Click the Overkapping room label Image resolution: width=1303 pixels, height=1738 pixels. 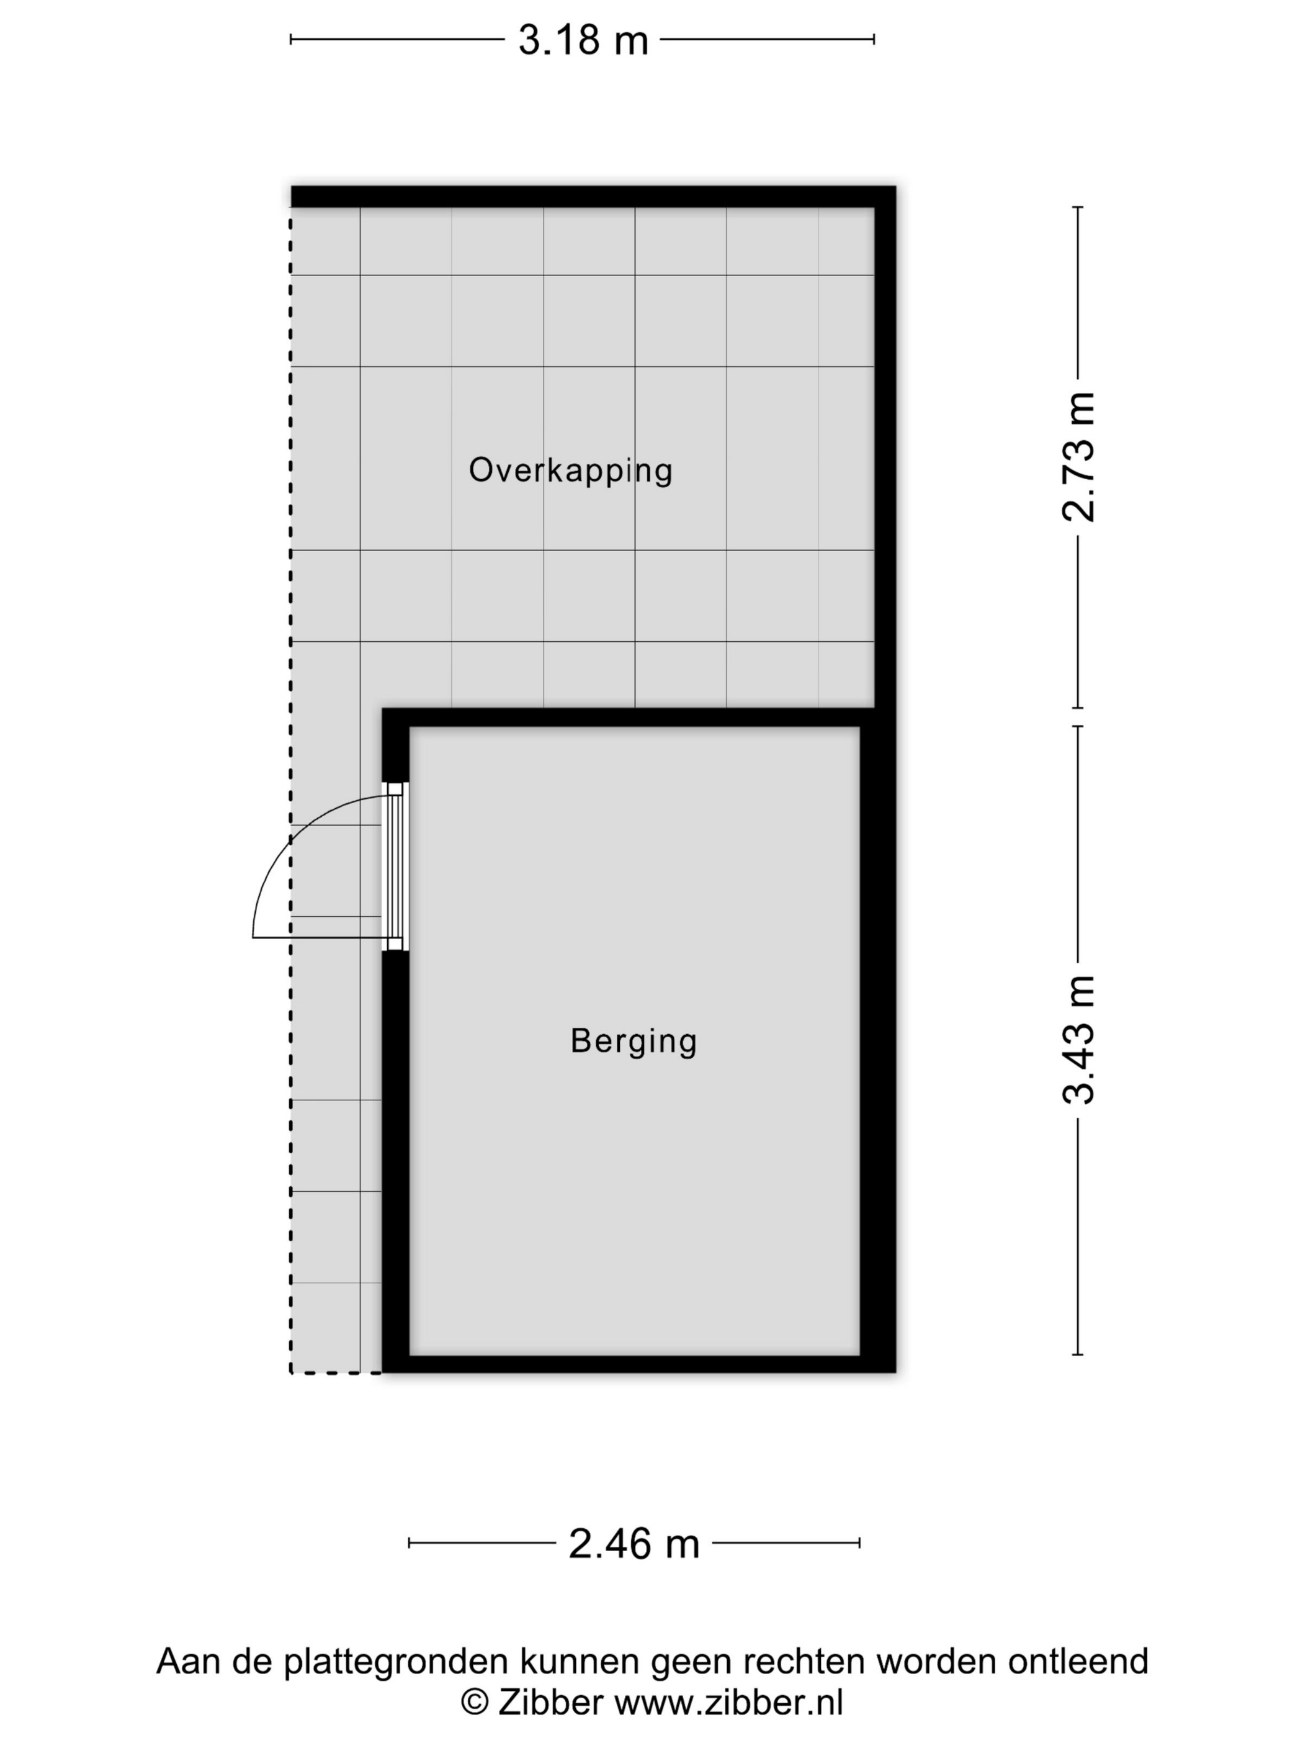(x=570, y=471)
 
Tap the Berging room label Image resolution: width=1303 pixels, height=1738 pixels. (x=634, y=1041)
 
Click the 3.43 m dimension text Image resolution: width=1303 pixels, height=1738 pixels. (x=1078, y=1040)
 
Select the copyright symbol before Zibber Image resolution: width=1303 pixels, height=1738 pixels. (x=475, y=1703)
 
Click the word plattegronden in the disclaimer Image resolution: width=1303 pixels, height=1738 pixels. (x=396, y=1662)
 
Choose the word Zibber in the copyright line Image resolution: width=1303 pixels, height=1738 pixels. (x=550, y=1702)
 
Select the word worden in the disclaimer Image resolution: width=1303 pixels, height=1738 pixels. (x=937, y=1661)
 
